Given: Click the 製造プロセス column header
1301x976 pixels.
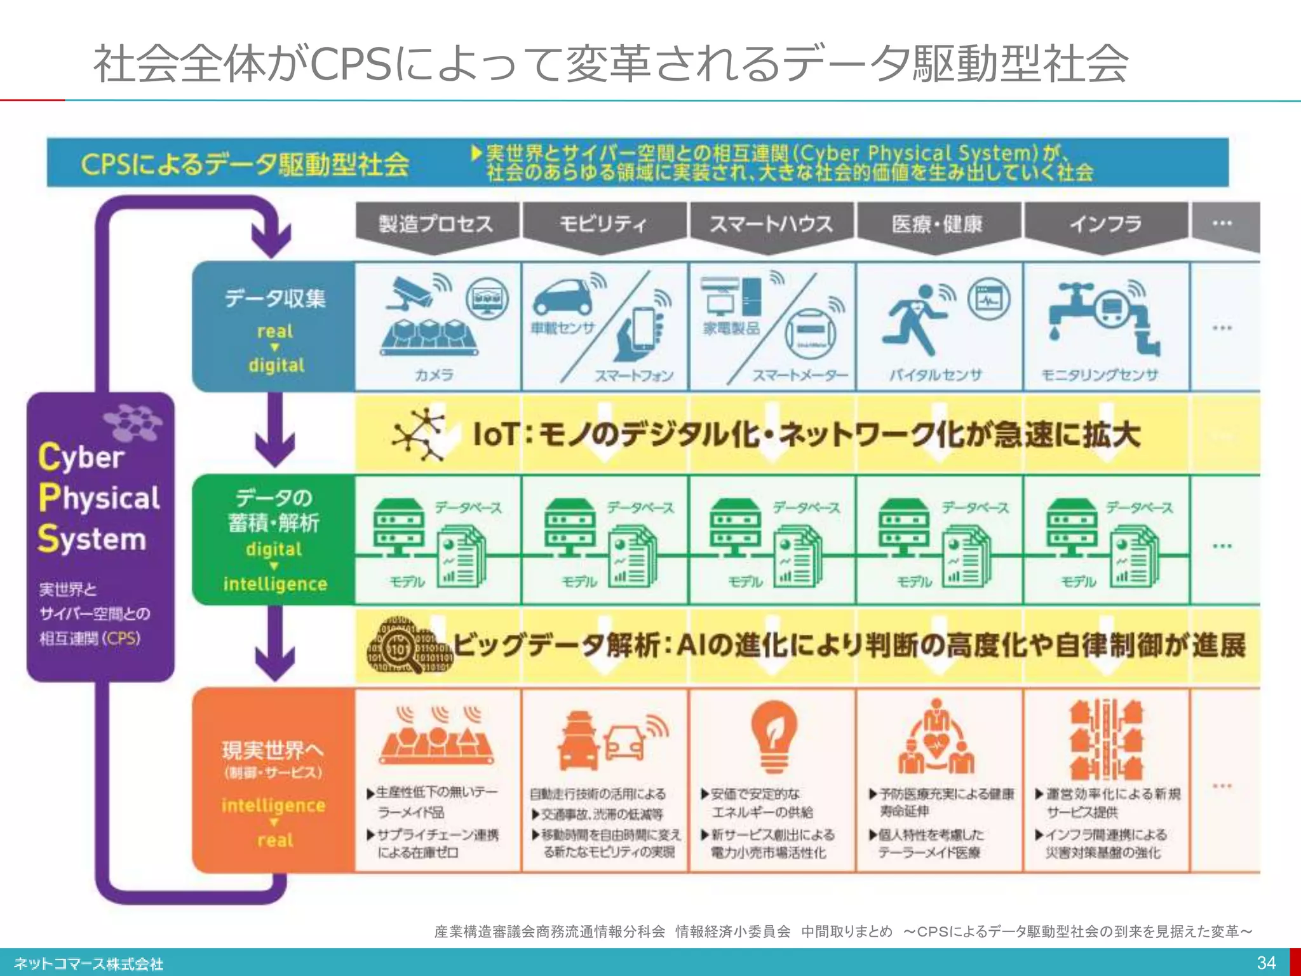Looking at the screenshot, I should pos(436,224).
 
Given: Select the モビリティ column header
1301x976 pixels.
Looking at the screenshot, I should pos(603,224).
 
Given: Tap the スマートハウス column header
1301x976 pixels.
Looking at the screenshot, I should pos(771,224).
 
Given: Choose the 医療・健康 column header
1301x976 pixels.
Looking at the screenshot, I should pos(938,224).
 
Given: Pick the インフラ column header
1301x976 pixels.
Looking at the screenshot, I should pos(1105,224).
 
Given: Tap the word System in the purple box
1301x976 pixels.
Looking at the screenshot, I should pos(92,539).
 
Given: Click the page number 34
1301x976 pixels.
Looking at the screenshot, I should pos(1266,963).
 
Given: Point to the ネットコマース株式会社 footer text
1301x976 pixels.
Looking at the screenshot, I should pos(89,964).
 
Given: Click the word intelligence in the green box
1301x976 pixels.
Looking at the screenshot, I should pos(275,584).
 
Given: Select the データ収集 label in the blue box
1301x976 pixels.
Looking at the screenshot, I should pos(275,298).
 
